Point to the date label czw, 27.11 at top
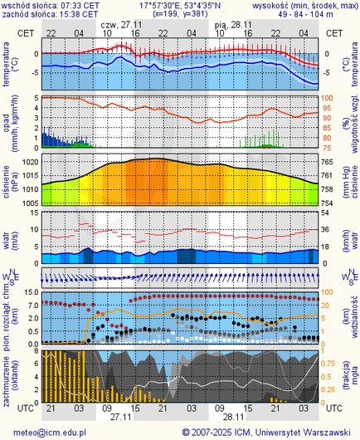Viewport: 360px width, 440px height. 116,25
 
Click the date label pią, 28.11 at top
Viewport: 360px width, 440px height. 233,25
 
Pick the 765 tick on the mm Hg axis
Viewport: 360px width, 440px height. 327,161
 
